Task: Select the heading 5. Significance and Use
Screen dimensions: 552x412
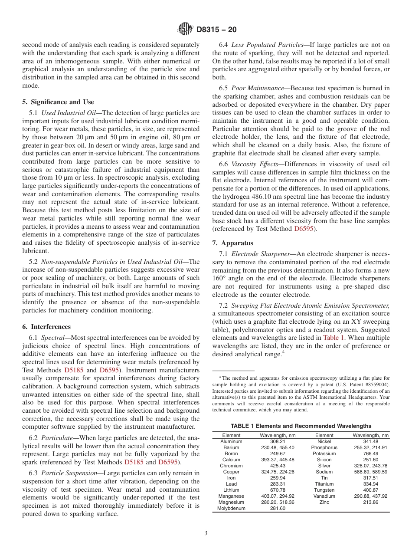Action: click(58, 102)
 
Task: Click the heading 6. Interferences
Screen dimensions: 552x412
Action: click(46, 327)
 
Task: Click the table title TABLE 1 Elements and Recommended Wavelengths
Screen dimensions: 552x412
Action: click(301, 426)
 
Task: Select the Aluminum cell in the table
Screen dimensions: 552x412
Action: click(231, 441)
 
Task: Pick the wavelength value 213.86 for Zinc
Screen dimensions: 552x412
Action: click(370, 502)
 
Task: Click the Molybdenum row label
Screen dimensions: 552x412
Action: click(231, 508)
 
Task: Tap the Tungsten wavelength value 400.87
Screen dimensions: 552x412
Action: click(370, 490)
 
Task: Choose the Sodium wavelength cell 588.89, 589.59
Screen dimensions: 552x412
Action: click(370, 472)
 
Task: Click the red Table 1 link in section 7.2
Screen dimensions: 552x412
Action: click(334, 337)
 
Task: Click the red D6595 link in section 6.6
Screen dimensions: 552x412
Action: click(304, 228)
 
